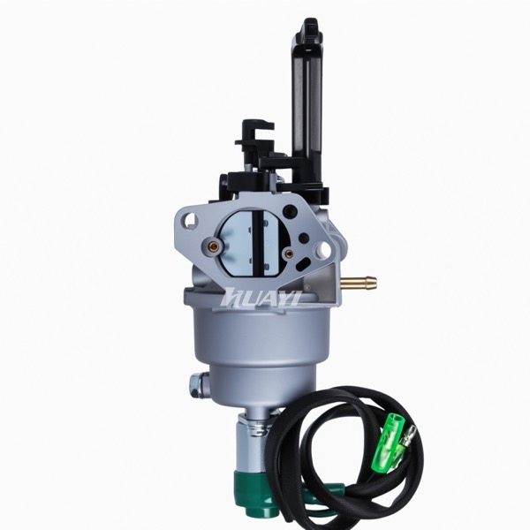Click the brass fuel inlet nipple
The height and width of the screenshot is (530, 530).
coord(359,281)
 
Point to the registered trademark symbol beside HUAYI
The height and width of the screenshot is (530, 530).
coord(307,288)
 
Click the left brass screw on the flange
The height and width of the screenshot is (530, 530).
coord(213,243)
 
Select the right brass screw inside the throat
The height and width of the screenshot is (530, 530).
coord(288,254)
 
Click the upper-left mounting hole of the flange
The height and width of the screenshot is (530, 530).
coord(191,220)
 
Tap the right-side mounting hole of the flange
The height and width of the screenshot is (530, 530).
coord(325,249)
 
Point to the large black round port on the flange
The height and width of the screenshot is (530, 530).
coord(291,211)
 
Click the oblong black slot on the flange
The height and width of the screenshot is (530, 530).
coord(302,263)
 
